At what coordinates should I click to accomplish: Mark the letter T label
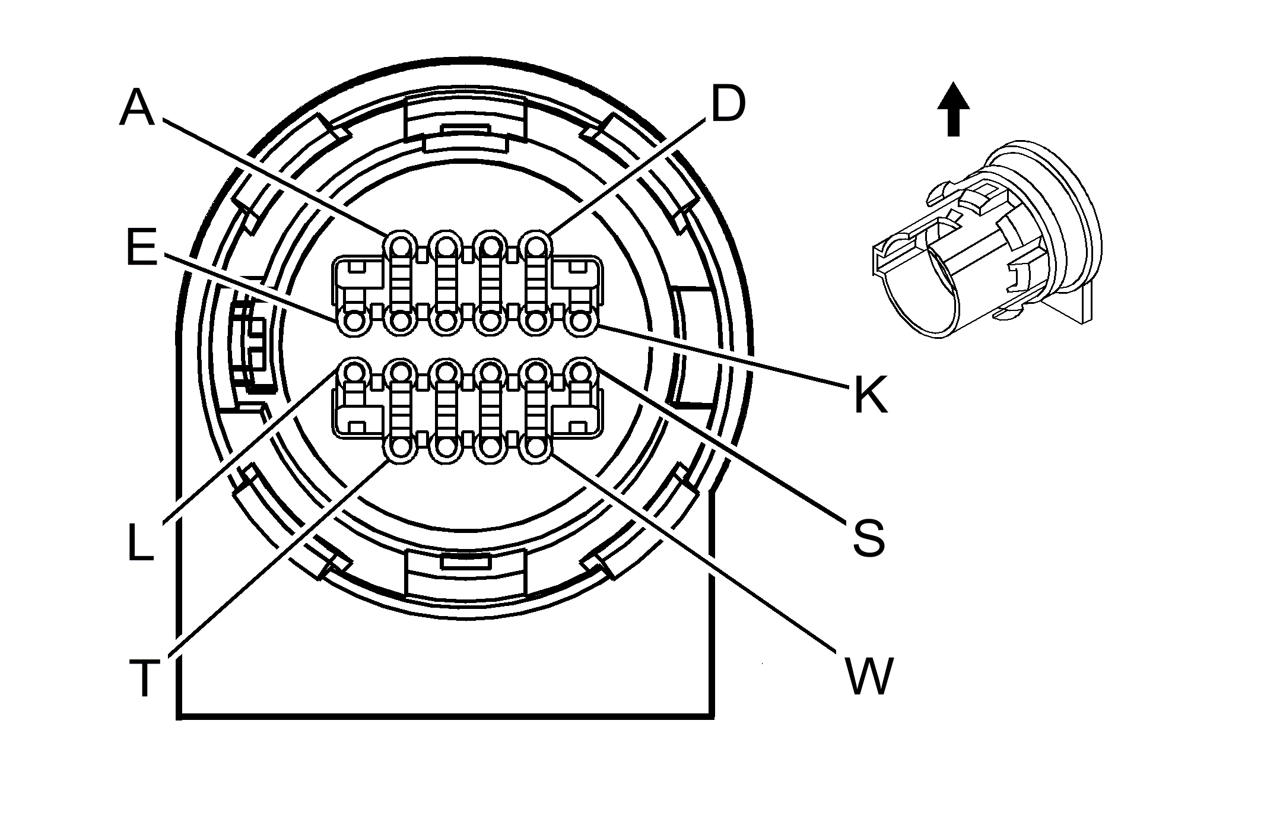[144, 678]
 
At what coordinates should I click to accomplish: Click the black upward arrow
[953, 110]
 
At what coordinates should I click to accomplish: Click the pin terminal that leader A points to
[401, 245]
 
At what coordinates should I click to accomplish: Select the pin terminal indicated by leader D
[535, 245]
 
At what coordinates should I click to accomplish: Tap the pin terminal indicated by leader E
[355, 322]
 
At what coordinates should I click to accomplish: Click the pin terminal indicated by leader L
[355, 373]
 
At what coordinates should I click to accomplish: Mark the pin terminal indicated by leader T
[401, 448]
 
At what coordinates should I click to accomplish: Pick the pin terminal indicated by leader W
[535, 448]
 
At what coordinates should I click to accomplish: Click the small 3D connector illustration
[985, 240]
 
